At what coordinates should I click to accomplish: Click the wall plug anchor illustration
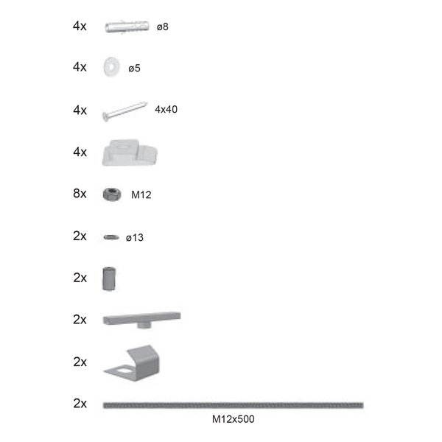pos(128,27)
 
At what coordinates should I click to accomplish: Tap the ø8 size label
pos(164,27)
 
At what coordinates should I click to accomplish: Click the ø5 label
pos(134,69)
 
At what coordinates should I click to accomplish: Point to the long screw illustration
pos(125,110)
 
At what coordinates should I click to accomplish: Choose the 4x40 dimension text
pos(166,109)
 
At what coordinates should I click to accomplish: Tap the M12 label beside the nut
pos(141,195)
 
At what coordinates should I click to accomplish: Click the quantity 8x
pos(80,194)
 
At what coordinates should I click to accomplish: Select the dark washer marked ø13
pos(111,237)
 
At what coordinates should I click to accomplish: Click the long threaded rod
pos(233,404)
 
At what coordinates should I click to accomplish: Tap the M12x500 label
pos(233,419)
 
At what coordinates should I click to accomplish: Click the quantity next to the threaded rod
pos(80,404)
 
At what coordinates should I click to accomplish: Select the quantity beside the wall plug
pos(80,26)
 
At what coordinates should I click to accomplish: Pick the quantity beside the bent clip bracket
pos(80,362)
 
